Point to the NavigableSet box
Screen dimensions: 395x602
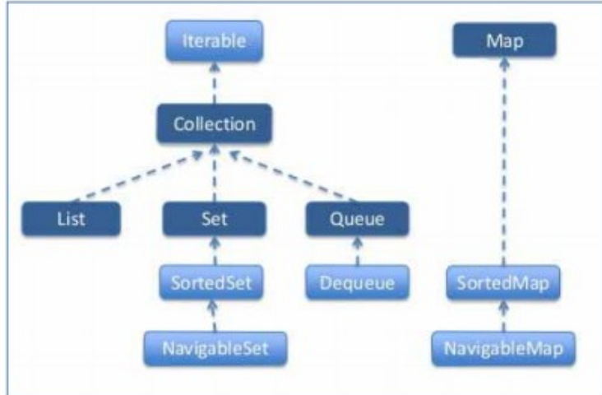click(215, 346)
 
